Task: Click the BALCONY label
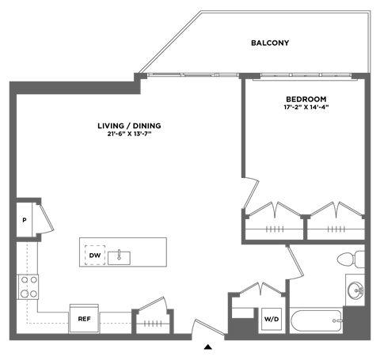[x=270, y=43]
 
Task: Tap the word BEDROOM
[x=306, y=99]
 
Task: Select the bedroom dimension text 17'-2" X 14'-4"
[x=306, y=108]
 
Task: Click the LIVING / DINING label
[x=129, y=126]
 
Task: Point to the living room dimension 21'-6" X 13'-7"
[x=129, y=134]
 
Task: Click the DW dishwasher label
[x=95, y=256]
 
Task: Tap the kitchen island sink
[x=119, y=258]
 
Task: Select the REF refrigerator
[x=84, y=318]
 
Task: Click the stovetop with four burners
[x=28, y=287]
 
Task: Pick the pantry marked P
[x=25, y=220]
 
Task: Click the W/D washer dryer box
[x=272, y=319]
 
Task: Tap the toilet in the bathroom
[x=351, y=260]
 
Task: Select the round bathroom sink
[x=355, y=291]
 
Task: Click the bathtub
[x=317, y=320]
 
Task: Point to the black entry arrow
[x=208, y=347]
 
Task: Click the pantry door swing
[x=46, y=219]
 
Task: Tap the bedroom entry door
[x=251, y=193]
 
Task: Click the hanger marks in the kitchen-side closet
[x=153, y=324]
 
